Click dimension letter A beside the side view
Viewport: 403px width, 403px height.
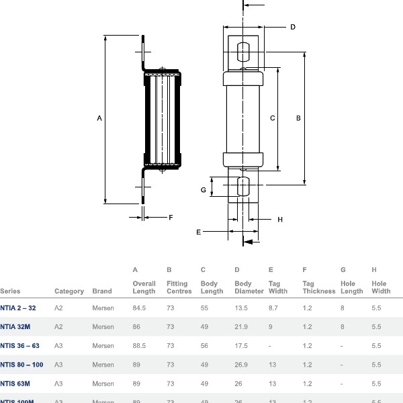pos(99,119)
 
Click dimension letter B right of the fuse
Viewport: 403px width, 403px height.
pos(298,118)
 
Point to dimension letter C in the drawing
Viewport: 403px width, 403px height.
pos(272,118)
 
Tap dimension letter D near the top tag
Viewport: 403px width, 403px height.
pos(293,28)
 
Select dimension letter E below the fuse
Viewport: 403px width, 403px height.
pos(198,232)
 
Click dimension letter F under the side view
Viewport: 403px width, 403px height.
pos(171,217)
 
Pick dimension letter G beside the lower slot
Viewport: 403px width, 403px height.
pos(203,190)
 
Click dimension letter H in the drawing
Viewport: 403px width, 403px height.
pos(280,220)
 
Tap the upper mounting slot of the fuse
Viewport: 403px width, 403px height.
pos(243,52)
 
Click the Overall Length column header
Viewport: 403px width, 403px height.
pos(144,287)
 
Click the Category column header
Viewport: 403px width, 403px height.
pos(69,292)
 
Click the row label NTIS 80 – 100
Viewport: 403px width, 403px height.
pos(21,365)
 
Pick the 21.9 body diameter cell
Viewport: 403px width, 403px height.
pos(241,327)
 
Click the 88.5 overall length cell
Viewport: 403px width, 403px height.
pos(140,346)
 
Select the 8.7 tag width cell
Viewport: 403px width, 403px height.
pos(273,308)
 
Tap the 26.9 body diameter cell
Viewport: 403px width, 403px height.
pos(241,365)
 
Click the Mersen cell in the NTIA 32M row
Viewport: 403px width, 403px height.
pos(103,327)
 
